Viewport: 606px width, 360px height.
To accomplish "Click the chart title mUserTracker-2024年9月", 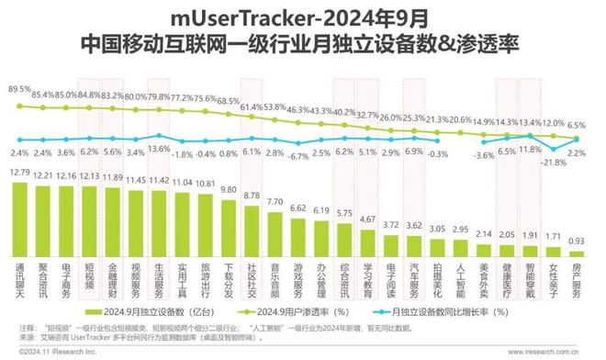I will coord(302,17).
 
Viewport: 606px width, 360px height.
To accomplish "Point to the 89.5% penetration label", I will coord(19,90).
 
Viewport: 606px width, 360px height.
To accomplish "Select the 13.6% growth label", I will coord(159,148).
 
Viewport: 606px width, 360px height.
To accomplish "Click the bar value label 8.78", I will coord(252,196).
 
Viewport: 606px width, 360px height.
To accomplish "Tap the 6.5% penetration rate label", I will coord(577,124).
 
